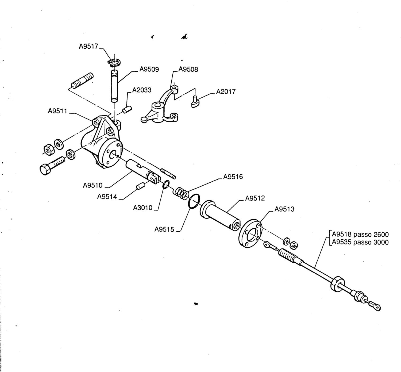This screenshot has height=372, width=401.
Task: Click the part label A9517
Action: (x=88, y=47)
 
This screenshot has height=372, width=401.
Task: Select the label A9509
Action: (x=149, y=69)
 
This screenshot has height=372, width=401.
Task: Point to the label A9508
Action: (x=188, y=69)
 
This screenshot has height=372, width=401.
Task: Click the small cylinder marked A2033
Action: (x=127, y=110)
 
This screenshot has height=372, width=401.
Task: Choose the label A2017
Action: (x=226, y=92)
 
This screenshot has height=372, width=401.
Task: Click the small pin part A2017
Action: (x=195, y=102)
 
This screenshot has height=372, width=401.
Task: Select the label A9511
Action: (x=57, y=111)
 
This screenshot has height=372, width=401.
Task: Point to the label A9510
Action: (x=93, y=185)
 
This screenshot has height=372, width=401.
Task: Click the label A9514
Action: (x=107, y=197)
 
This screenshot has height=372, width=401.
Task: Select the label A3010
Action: (x=142, y=208)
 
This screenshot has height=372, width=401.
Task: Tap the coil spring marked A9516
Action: (x=181, y=194)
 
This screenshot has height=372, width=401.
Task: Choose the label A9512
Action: (x=255, y=198)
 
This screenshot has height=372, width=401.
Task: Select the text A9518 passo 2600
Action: (x=360, y=234)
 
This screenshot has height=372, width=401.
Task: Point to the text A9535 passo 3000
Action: (x=360, y=242)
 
